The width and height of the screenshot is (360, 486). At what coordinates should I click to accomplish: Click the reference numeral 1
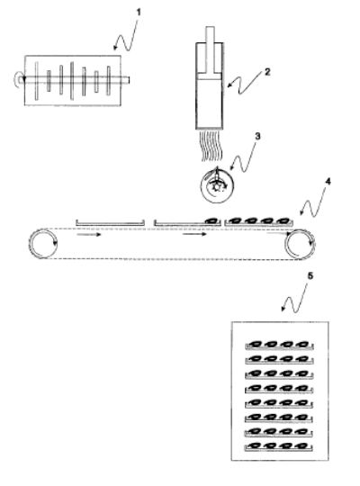[x=139, y=13]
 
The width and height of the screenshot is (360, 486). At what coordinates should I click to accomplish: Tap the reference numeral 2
[x=267, y=72]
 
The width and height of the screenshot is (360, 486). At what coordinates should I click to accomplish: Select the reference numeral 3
[x=257, y=137]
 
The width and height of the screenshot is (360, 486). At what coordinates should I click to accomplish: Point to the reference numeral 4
[x=327, y=181]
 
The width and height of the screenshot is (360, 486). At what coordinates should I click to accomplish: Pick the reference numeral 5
[x=310, y=275]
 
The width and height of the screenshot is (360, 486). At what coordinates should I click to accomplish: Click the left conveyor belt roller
[x=43, y=243]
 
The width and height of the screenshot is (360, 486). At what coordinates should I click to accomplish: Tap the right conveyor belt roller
[x=300, y=244]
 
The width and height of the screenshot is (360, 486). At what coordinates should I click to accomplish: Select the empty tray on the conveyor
[x=110, y=222]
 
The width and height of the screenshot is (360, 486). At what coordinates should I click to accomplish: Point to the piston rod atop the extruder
[x=210, y=50]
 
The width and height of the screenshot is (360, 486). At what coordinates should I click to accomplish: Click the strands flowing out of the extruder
[x=212, y=146]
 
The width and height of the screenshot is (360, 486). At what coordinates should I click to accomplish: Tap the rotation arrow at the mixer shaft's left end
[x=18, y=79]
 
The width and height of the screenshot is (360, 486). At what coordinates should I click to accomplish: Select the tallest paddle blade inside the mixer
[x=72, y=81]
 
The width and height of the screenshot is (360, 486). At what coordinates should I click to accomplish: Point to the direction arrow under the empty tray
[x=89, y=234]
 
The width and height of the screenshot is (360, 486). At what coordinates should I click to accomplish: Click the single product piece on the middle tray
[x=212, y=220]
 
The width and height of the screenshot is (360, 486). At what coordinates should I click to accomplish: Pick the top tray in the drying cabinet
[x=279, y=345]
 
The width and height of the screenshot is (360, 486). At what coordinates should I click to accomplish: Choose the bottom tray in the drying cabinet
[x=279, y=446]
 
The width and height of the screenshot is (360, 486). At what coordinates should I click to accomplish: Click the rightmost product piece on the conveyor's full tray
[x=283, y=220]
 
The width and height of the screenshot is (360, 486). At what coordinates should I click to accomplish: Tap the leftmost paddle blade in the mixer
[x=37, y=81]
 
